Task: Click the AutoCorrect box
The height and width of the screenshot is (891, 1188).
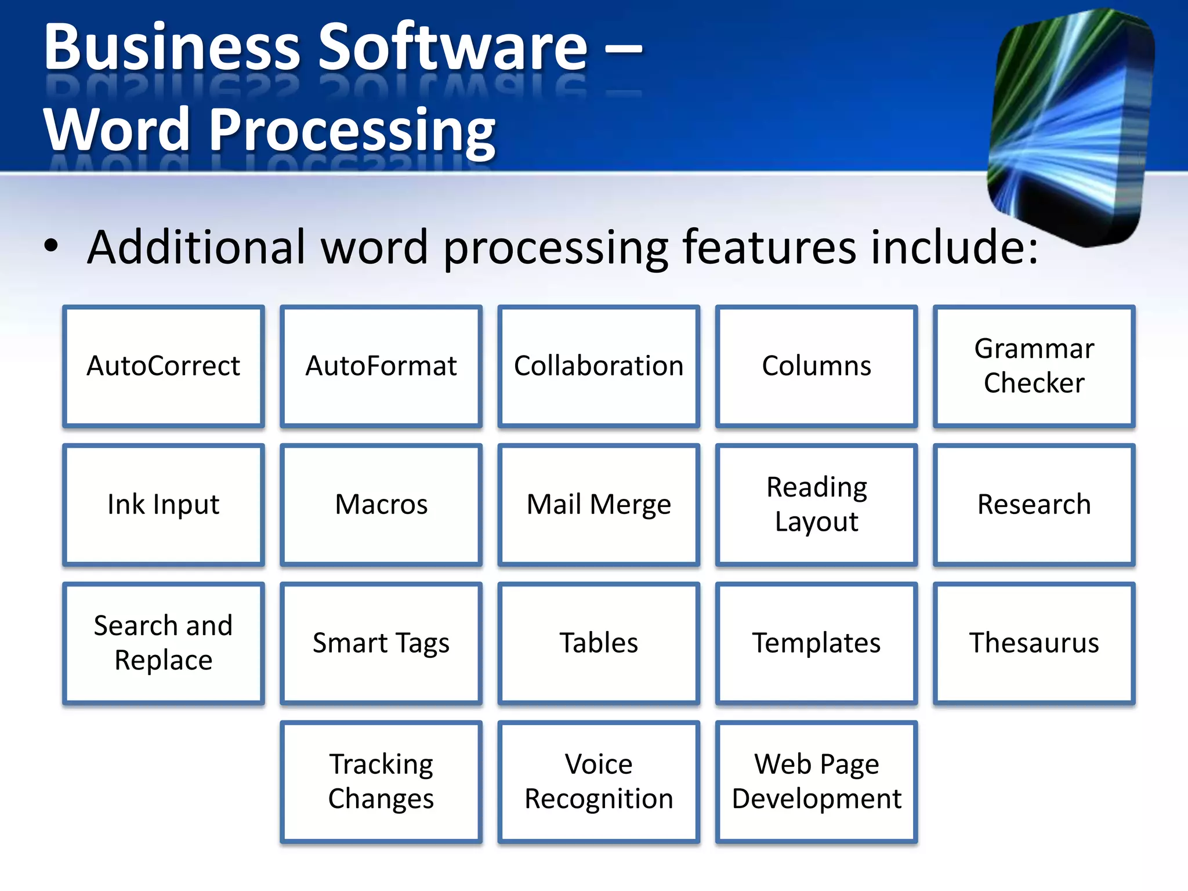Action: (x=163, y=366)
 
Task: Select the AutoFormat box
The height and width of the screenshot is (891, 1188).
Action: (x=381, y=366)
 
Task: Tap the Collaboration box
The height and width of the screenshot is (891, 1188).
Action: (x=599, y=366)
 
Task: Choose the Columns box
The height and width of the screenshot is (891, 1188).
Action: (x=816, y=366)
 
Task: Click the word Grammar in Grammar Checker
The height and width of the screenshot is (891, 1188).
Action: (x=1034, y=349)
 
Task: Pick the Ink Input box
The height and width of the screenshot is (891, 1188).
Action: (x=163, y=504)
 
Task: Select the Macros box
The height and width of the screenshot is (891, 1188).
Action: (x=381, y=504)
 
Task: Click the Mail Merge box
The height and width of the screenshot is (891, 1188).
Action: (x=599, y=504)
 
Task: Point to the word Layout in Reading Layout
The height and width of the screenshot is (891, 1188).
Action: (x=816, y=521)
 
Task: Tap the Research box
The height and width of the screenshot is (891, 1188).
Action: (x=1034, y=504)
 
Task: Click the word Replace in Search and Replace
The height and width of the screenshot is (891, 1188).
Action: (x=163, y=660)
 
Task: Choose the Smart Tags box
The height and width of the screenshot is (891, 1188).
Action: (x=381, y=643)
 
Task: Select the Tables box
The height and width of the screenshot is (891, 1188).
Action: (x=599, y=643)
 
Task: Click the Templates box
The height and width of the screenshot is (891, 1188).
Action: (x=816, y=643)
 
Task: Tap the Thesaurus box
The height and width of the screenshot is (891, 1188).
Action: (x=1034, y=643)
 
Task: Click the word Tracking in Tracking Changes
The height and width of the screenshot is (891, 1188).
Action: (x=381, y=764)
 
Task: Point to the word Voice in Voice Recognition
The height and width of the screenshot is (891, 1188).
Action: (x=599, y=764)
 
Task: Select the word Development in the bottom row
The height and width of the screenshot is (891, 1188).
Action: (x=816, y=799)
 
